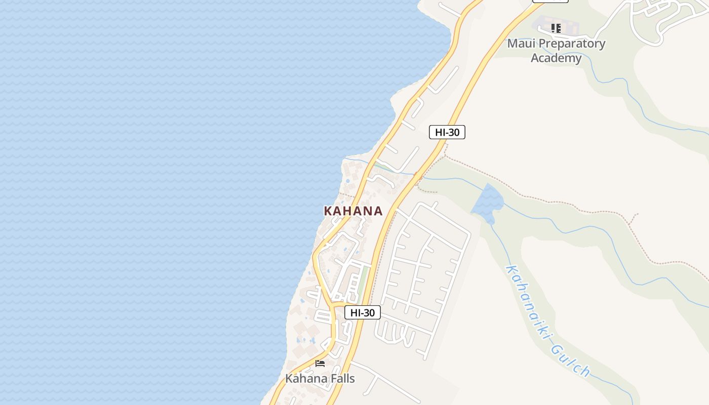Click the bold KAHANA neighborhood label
[353, 211]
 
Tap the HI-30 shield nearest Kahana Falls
[362, 312]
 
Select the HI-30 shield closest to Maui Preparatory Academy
[447, 132]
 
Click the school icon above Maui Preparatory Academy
[556, 28]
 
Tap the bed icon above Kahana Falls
[320, 363]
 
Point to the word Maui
[521, 44]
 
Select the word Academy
[556, 58]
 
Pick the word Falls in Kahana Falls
[340, 378]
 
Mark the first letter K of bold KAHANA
[328, 211]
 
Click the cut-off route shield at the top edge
[550, 1]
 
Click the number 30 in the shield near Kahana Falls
[369, 312]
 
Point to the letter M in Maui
[513, 44]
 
